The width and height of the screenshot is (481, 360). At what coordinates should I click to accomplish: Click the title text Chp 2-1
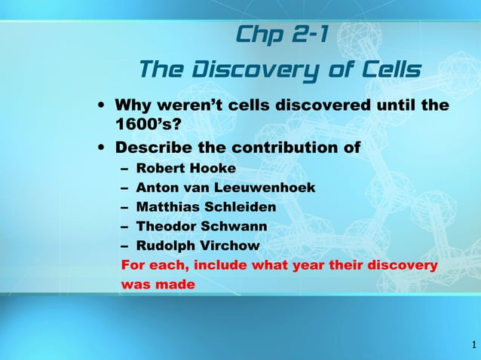280,35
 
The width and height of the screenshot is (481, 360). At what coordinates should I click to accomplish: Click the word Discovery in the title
256,70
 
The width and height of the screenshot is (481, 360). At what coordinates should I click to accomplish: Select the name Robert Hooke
185,167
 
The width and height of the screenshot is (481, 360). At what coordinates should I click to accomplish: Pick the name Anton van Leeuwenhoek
225,187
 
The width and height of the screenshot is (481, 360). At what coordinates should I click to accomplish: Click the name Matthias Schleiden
206,206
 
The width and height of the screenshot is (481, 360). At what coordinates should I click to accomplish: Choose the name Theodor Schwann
201,226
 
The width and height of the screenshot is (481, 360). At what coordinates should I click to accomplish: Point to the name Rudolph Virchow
198,246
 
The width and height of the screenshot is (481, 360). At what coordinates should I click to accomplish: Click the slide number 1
473,346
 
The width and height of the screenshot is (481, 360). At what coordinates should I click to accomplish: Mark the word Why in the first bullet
131,105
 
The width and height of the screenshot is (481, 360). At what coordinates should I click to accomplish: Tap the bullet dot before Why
101,105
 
